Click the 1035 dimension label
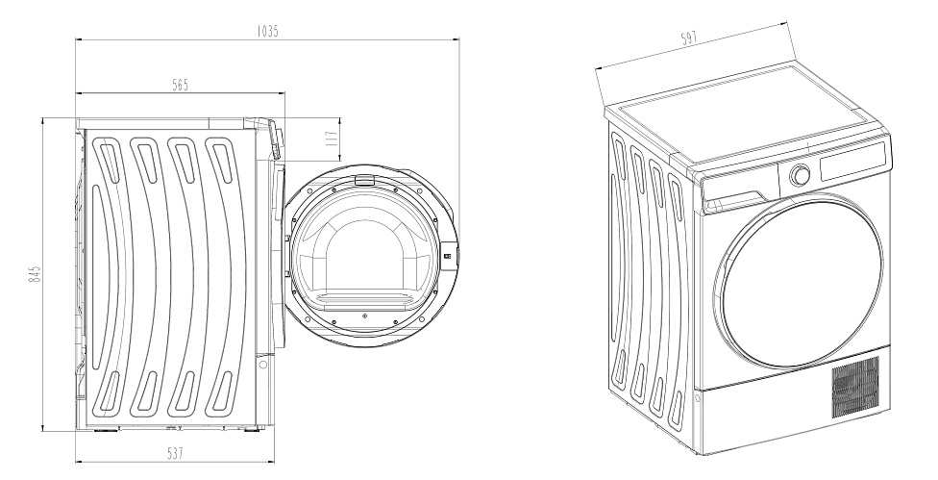coord(267,31)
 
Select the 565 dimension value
coord(180,85)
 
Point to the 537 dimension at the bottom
coord(175,453)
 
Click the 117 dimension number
coord(333,140)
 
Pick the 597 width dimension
coord(690,38)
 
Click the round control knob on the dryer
coord(800,175)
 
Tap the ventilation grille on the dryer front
coord(856,387)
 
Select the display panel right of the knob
coord(852,161)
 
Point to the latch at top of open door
coord(363,179)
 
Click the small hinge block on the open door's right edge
coord(449,255)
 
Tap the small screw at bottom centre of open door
coord(364,315)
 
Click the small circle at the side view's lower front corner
coord(262,365)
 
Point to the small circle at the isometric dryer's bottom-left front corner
coord(697,397)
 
